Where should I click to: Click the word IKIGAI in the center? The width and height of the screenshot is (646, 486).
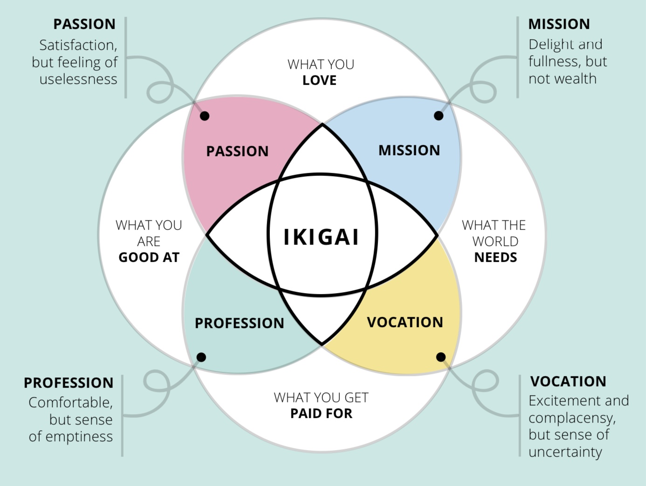coord(321,237)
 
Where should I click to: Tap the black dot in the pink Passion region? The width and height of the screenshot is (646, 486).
coord(205,116)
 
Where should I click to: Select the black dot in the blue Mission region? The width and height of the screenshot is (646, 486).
coord(439,116)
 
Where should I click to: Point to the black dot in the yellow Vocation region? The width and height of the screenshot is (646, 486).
coord(440,357)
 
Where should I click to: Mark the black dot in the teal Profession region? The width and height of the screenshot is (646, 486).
coord(201,357)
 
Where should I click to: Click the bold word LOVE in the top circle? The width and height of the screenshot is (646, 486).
coord(320,80)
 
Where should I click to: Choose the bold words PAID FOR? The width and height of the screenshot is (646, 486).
coord(321,413)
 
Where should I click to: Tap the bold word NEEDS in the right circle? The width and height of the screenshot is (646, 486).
coord(495,257)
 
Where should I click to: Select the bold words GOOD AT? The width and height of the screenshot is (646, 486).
coord(149,257)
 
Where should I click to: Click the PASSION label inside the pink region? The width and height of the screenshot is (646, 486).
coord(237,151)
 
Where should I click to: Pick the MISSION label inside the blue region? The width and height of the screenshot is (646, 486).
coord(409,151)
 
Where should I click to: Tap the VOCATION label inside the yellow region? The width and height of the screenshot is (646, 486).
coord(405,322)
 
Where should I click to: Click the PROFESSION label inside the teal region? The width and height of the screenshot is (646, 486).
coord(239,323)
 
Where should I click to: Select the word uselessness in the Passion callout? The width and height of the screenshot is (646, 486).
coord(78,79)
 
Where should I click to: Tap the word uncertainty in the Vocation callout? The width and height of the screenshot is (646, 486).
coord(565,452)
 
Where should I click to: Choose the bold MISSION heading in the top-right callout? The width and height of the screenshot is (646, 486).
coord(559,24)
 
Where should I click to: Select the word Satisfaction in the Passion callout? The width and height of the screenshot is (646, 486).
coord(78,45)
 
